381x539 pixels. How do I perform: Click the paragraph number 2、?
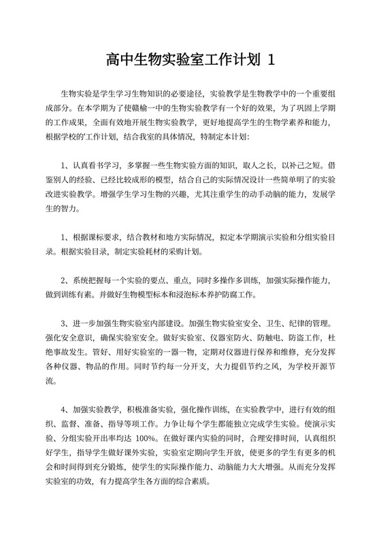[x=65, y=280]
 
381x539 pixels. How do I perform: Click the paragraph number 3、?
[x=65, y=323]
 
